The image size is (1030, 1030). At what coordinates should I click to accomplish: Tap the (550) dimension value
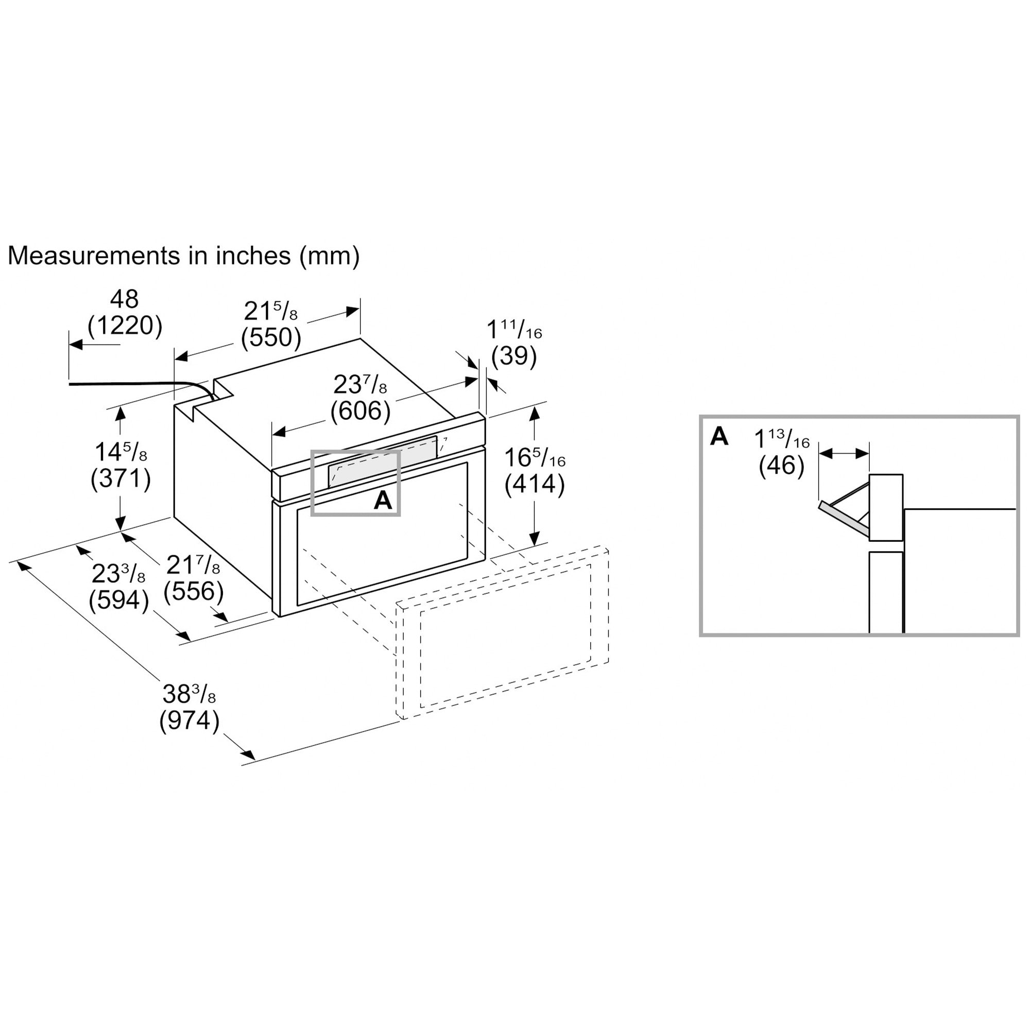(x=271, y=337)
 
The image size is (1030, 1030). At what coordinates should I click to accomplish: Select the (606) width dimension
(x=360, y=411)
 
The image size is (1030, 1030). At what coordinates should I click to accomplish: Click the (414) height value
(x=535, y=485)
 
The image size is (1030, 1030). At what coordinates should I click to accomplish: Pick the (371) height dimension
(x=121, y=478)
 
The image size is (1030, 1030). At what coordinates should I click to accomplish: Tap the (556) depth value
(x=194, y=591)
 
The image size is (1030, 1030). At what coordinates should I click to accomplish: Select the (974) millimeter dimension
(x=189, y=722)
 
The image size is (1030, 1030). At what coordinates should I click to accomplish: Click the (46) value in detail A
(x=782, y=466)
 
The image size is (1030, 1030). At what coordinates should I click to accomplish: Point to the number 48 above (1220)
(x=125, y=299)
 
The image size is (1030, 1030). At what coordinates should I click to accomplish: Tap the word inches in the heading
(x=253, y=256)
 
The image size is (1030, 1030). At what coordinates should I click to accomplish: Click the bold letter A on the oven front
(x=383, y=501)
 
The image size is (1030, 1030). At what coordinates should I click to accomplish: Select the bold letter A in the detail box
(x=719, y=436)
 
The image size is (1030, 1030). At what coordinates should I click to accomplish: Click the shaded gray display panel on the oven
(x=383, y=462)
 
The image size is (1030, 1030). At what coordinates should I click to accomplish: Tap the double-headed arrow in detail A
(x=844, y=454)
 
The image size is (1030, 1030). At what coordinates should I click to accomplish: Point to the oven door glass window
(x=382, y=534)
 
